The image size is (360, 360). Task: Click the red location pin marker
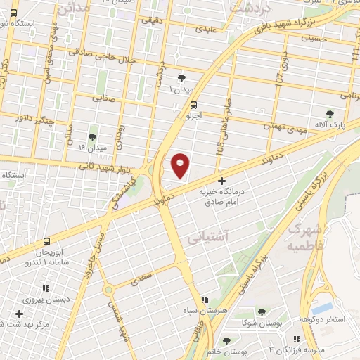click(181, 165)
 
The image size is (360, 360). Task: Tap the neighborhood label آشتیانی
click(210, 238)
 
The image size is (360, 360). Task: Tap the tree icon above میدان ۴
click(92, 136)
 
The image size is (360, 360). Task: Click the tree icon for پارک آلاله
click(330, 113)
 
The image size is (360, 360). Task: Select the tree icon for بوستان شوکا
click(261, 312)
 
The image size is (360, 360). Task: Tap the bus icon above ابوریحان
click(47, 240)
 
